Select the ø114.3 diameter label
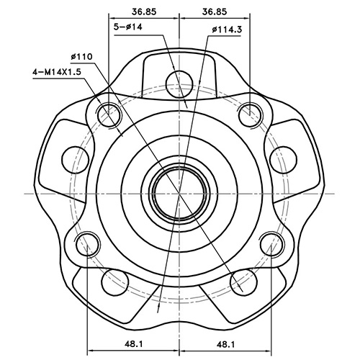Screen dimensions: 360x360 228,30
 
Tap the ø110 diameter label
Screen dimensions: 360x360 84,56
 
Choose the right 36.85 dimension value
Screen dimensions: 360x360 215,11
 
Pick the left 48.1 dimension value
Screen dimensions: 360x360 132,344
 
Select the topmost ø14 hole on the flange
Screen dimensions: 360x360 178,84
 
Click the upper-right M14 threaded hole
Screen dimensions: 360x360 250,113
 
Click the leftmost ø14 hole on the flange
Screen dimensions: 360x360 72,156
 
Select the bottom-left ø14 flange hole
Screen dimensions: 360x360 114,282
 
